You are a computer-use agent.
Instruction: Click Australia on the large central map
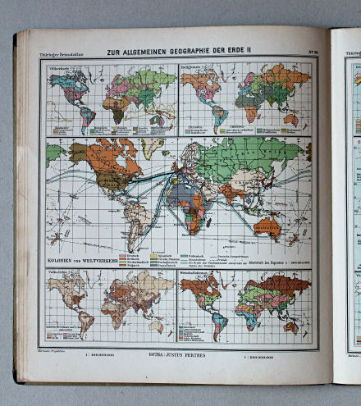click(267, 226)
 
